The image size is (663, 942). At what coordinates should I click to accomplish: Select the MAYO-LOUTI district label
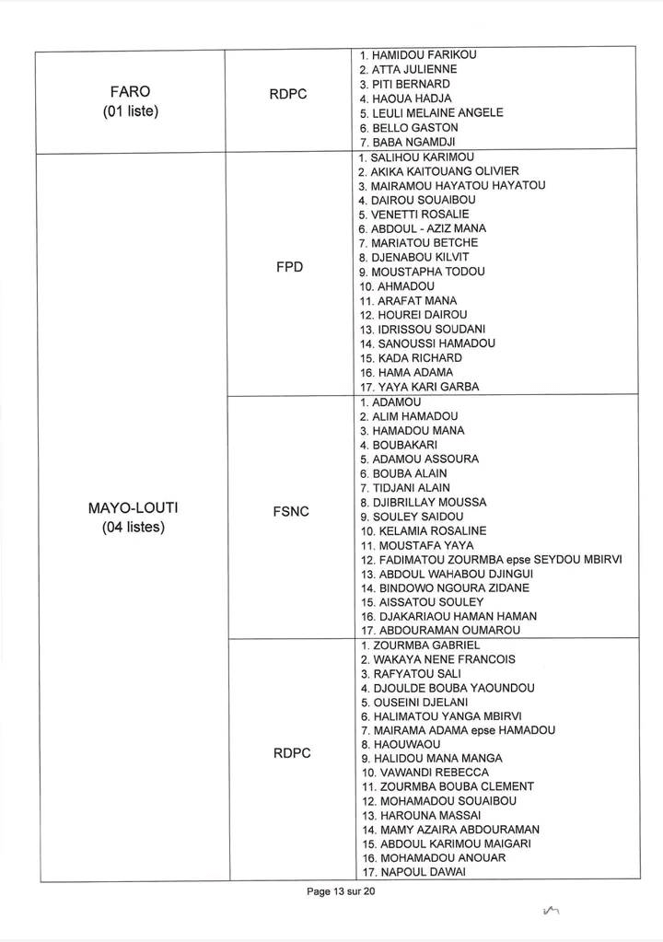pos(133,507)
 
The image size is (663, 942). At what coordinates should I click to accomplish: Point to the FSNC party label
pos(292,511)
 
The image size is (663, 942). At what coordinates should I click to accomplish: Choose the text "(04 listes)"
pos(133,529)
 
